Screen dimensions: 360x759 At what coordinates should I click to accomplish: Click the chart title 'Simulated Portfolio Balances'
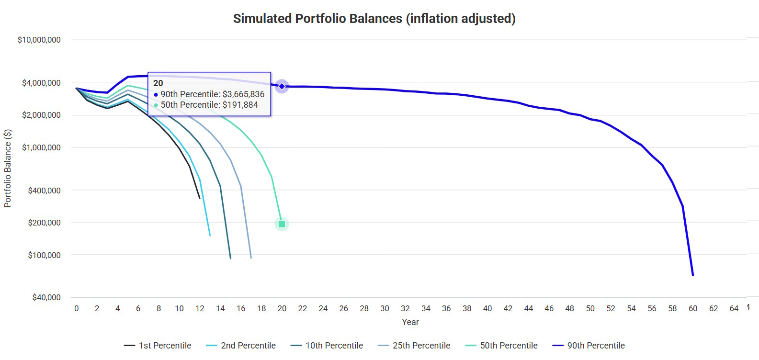click(x=374, y=19)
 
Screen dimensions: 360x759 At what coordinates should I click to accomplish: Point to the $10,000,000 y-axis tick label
click(x=39, y=40)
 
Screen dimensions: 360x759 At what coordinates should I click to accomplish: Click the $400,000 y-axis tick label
click(x=45, y=191)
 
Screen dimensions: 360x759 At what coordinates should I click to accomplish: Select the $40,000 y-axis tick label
click(x=46, y=297)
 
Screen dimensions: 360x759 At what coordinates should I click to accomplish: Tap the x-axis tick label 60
click(x=693, y=309)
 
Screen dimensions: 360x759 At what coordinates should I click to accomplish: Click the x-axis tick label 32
click(x=405, y=309)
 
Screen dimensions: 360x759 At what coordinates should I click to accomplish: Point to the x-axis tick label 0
click(x=77, y=309)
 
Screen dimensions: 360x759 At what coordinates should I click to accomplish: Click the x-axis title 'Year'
click(x=410, y=322)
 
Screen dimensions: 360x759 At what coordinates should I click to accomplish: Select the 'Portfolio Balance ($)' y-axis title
click(x=8, y=169)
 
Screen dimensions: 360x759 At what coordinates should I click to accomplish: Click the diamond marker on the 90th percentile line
click(x=282, y=87)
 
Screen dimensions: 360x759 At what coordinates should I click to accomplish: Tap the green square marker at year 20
click(x=282, y=224)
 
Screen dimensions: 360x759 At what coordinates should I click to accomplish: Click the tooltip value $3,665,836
click(x=243, y=94)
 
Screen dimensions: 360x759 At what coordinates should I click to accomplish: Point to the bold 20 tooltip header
click(x=158, y=83)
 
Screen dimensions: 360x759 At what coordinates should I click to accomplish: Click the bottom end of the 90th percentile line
click(x=693, y=275)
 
